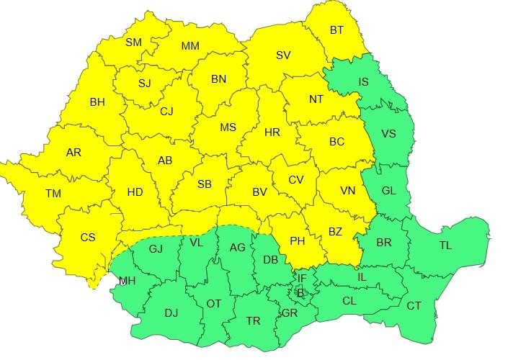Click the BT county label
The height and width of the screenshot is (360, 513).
tap(336, 30)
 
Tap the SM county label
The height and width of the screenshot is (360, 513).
tap(133, 42)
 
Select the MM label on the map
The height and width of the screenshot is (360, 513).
tap(190, 46)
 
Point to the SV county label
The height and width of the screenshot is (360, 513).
tap(283, 55)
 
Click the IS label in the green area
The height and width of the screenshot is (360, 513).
tap(363, 82)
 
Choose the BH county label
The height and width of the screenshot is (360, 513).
tap(97, 102)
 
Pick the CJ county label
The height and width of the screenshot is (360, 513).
tap(167, 111)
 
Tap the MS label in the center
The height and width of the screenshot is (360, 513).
tap(228, 127)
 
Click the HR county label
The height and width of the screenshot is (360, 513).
tap(272, 133)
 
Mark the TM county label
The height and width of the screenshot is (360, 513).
tap(53, 193)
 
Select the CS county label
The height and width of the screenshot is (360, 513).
tap(87, 238)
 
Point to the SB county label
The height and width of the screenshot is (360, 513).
tap(204, 184)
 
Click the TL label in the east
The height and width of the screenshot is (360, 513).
tap(445, 246)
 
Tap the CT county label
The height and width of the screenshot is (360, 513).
tap(414, 306)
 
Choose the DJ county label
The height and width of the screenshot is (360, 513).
tap(171, 312)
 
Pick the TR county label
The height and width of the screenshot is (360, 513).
tap(253, 321)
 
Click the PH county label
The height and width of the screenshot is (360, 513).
tap(297, 241)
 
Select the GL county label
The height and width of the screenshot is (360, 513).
tap(388, 191)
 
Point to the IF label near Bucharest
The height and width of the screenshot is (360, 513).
tap(302, 278)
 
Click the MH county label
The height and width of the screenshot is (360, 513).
tap(127, 281)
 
